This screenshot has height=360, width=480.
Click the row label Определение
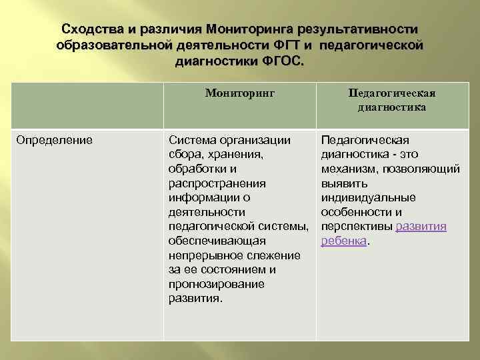click(55, 140)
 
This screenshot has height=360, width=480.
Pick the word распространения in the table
click(217, 183)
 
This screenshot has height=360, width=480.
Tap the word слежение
click(273, 255)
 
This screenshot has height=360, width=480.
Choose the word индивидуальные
click(368, 198)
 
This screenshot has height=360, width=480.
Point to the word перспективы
click(357, 227)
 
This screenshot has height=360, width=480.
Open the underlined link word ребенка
click(344, 241)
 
